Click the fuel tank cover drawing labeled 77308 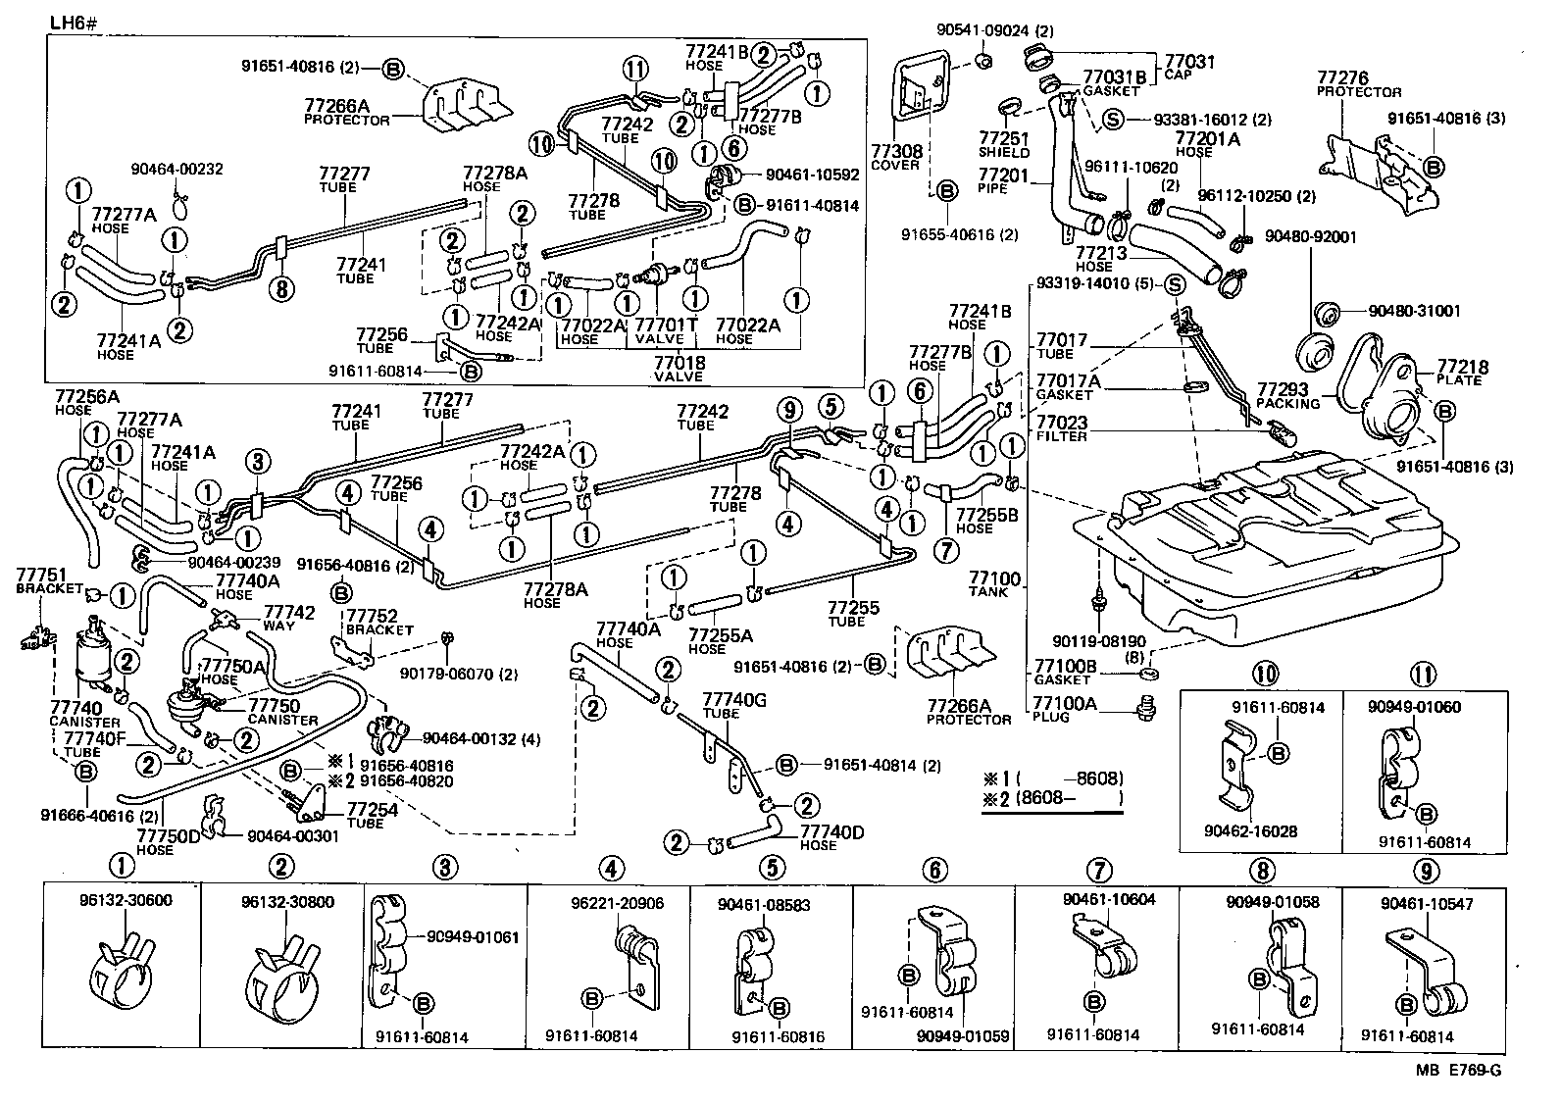click(923, 97)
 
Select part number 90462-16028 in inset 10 click(1250, 831)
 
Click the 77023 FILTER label click(1063, 429)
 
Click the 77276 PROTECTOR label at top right click(1357, 83)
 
